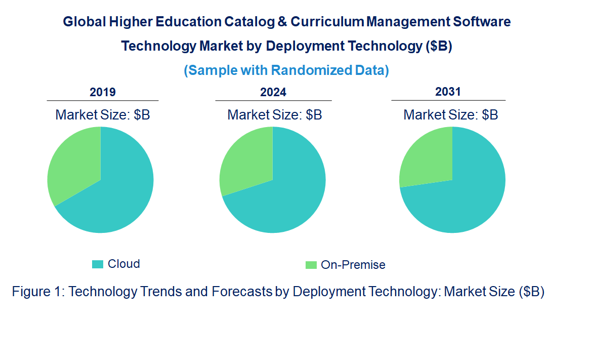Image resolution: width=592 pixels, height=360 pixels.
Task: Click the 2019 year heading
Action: [x=103, y=92]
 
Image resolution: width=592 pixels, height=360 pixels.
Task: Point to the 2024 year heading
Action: [x=273, y=92]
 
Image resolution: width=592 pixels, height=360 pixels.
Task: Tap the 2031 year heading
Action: [x=448, y=92]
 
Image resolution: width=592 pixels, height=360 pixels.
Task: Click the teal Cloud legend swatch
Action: [x=98, y=264]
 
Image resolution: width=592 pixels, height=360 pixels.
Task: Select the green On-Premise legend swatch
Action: [x=311, y=265]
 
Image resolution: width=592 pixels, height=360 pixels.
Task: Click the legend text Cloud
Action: [x=124, y=264]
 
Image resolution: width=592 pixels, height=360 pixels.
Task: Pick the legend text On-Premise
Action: [x=353, y=265]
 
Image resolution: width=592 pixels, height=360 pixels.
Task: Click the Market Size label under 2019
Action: [x=103, y=115]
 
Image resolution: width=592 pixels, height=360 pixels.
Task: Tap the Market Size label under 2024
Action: [x=275, y=115]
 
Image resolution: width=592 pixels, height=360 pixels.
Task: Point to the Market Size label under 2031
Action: [x=451, y=115]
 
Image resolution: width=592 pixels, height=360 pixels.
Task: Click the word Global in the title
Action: [x=84, y=22]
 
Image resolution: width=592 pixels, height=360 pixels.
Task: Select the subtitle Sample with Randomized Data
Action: [x=286, y=70]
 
